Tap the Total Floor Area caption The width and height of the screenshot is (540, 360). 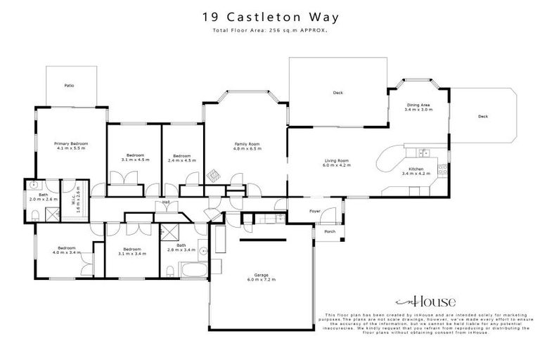point(270,32)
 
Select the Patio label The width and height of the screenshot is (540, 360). point(69,85)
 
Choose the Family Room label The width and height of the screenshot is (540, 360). point(247,144)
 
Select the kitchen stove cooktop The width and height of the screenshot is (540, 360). point(442,168)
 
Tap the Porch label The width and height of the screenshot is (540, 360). point(328,232)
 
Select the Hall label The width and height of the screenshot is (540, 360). point(167,202)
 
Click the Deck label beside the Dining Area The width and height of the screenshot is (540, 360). point(482,117)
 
